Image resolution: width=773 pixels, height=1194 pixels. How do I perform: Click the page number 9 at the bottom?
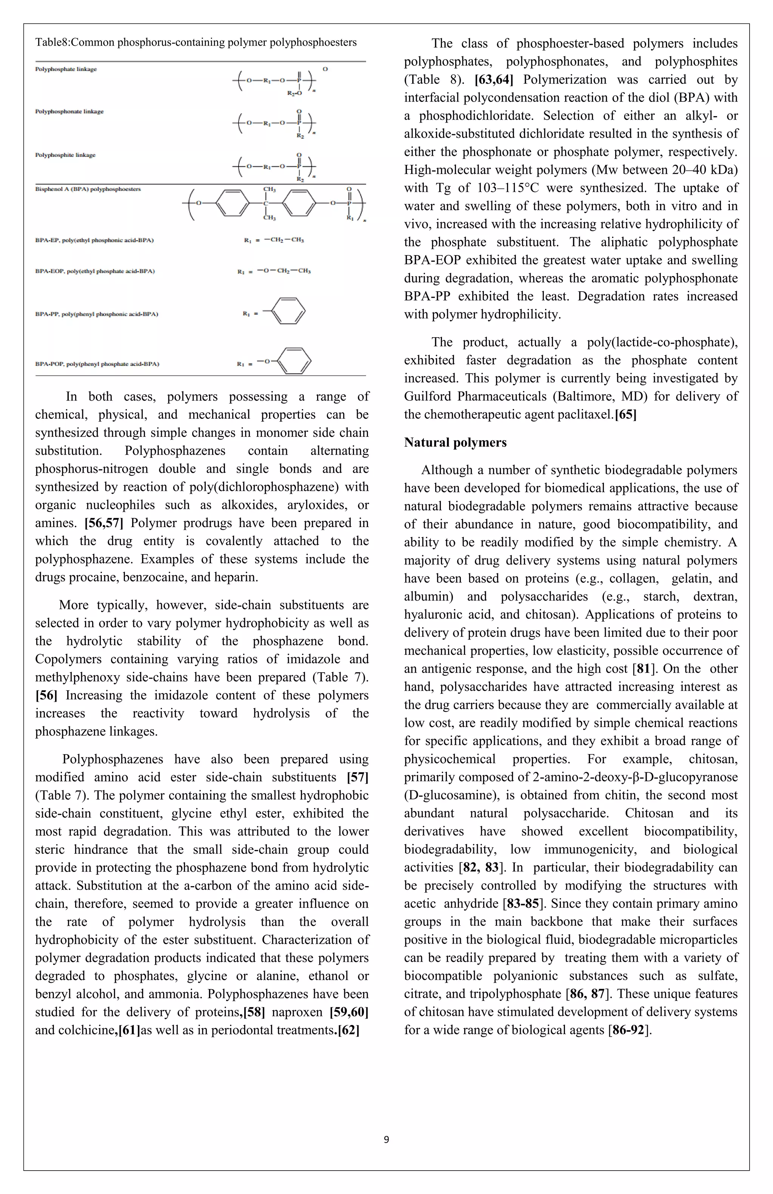tap(386, 1139)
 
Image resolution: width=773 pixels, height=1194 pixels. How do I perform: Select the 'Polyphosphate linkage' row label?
tap(66, 69)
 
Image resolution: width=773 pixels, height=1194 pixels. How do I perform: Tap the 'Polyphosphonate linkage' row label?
tap(69, 111)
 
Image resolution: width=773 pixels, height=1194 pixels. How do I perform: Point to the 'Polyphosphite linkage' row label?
tap(65, 155)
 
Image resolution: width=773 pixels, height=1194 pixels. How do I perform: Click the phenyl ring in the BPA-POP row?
tap(294, 361)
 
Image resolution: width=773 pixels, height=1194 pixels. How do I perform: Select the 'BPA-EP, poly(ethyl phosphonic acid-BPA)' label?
tap(94, 240)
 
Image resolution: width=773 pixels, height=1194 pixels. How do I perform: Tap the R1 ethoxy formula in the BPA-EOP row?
tap(283, 271)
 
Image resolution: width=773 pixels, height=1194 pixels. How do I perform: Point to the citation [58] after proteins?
tap(254, 1012)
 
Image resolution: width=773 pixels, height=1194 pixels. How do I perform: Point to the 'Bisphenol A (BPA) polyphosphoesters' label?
tap(88, 189)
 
